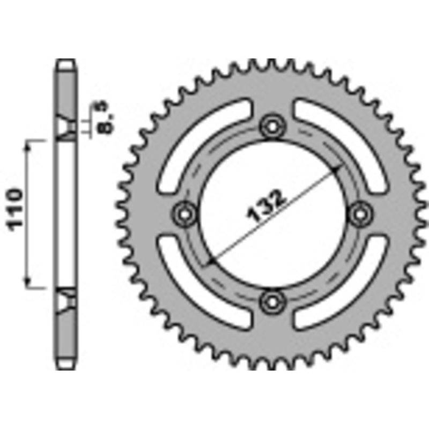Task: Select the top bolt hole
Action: (x=272, y=127)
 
